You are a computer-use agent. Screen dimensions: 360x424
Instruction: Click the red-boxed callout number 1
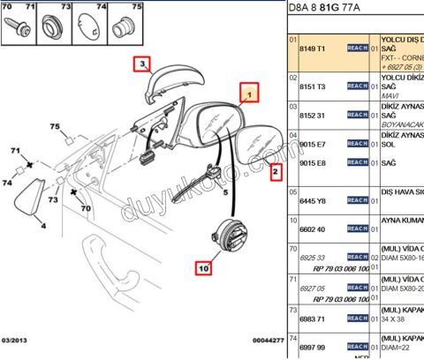(x=249, y=92)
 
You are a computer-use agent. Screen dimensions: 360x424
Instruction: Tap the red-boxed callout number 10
(x=204, y=265)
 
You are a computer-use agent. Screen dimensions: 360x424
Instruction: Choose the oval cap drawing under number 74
(x=92, y=26)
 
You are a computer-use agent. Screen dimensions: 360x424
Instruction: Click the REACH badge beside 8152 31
(x=357, y=115)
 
